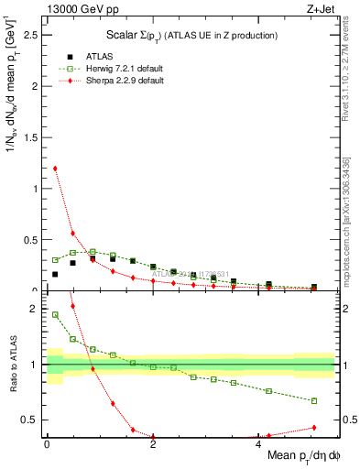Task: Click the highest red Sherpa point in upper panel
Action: [55, 169]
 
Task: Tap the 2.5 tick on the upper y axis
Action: [34, 35]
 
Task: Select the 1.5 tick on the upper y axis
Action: [34, 137]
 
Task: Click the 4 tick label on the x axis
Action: [259, 444]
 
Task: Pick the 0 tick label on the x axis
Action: [47, 444]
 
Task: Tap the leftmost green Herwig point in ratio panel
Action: [55, 315]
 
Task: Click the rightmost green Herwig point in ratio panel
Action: [314, 400]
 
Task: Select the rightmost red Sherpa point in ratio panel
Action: [314, 428]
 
